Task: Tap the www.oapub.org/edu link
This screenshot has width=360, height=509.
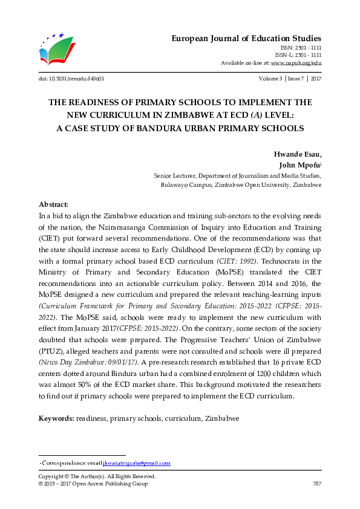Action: tap(295, 62)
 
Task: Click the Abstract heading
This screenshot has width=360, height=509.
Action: tap(54, 204)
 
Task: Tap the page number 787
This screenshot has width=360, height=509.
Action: tap(316, 484)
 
